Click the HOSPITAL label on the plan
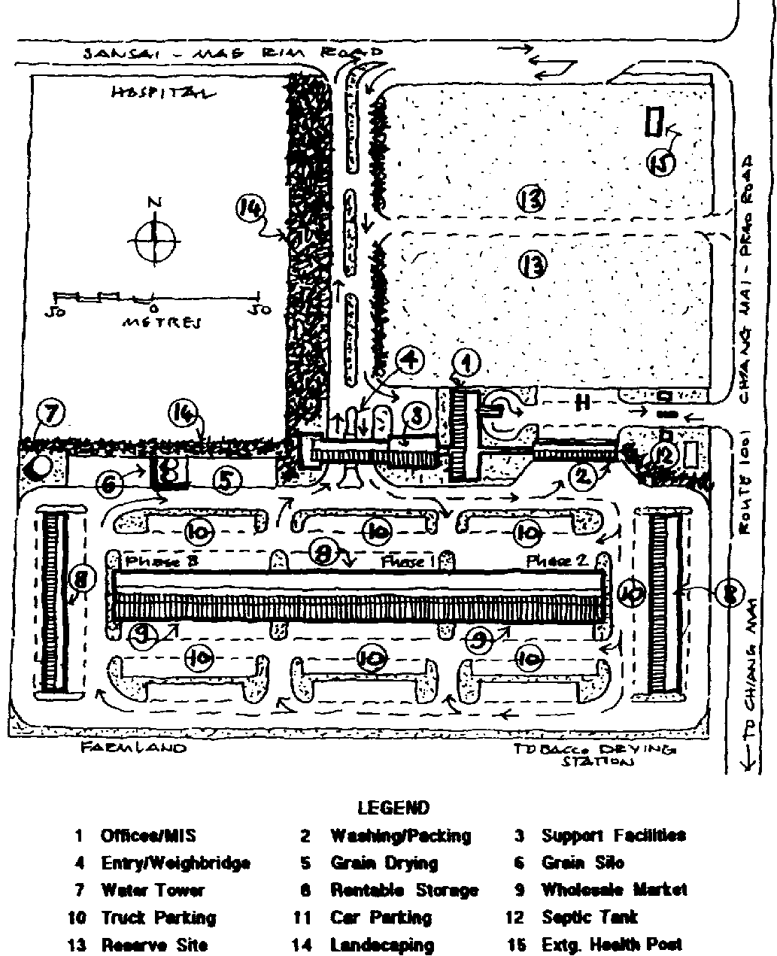pyautogui.click(x=159, y=93)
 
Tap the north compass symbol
pyautogui.click(x=154, y=240)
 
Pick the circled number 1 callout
pyautogui.click(x=468, y=364)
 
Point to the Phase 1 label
pyautogui.click(x=408, y=561)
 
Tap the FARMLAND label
pyautogui.click(x=132, y=748)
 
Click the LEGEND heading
pyautogui.click(x=393, y=809)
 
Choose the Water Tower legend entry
pyautogui.click(x=152, y=891)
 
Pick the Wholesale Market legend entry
pyautogui.click(x=614, y=890)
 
